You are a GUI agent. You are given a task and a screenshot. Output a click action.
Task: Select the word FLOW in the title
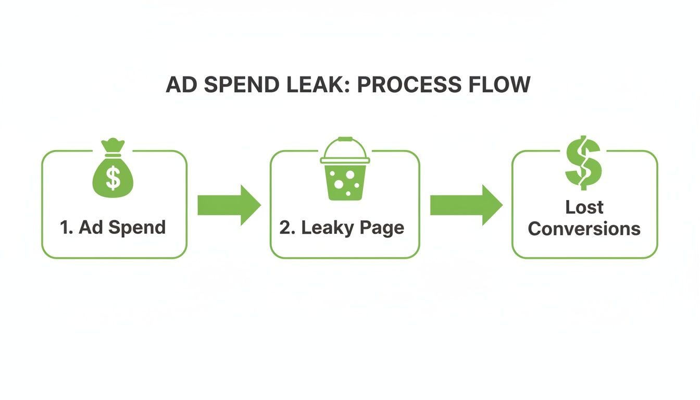pos(502,85)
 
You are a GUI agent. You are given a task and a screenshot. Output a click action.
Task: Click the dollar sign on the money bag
pos(113,178)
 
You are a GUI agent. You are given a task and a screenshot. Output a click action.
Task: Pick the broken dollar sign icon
pos(583,162)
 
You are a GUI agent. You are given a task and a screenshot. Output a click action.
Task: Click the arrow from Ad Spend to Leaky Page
pos(229,205)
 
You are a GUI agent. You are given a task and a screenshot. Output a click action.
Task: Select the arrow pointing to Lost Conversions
pos(466,205)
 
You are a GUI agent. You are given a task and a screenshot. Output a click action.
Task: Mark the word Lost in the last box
pos(584,207)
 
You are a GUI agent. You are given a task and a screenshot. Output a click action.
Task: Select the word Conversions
pos(584,229)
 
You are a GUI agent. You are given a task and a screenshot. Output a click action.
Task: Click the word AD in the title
pos(178,85)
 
